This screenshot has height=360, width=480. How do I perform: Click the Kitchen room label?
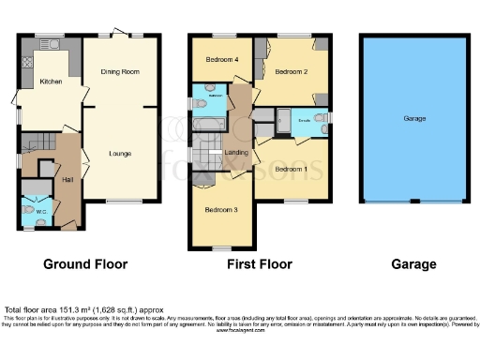click(x=51, y=82)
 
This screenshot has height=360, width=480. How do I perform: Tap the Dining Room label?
click(x=120, y=72)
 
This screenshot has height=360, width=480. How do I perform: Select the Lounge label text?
click(x=119, y=153)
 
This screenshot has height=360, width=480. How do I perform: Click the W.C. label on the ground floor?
click(x=41, y=211)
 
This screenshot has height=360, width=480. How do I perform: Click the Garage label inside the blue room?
click(x=414, y=119)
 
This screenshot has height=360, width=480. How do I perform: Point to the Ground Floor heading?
click(x=84, y=264)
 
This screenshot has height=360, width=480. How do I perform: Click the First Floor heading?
click(x=260, y=264)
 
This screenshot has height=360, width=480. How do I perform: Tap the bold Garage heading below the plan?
click(x=413, y=264)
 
